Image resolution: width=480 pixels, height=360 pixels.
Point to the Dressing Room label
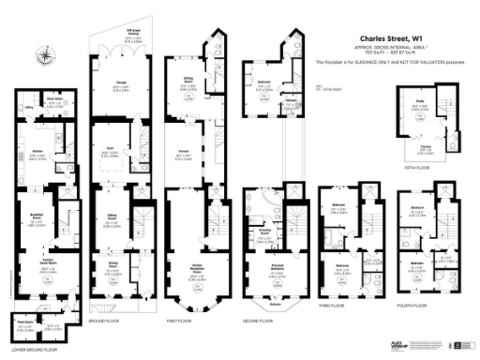point(265,228)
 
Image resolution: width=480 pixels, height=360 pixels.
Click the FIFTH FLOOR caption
point(416,168)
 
